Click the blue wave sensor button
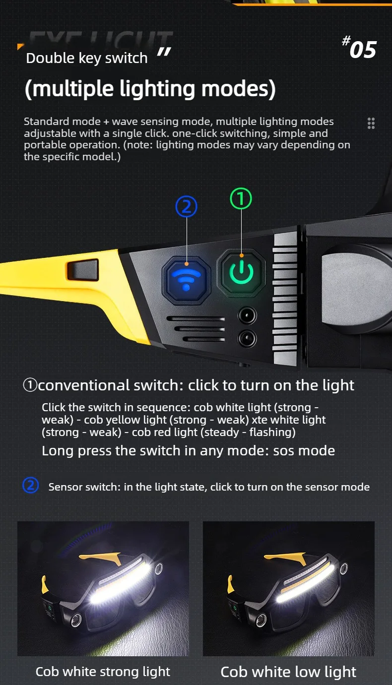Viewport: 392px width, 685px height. pyautogui.click(x=187, y=280)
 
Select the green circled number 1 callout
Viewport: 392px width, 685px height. pyautogui.click(x=241, y=198)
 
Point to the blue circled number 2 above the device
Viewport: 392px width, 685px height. pyautogui.click(x=187, y=206)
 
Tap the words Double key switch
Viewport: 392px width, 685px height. pyautogui.click(x=87, y=58)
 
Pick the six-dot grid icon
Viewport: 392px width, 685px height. pyautogui.click(x=371, y=123)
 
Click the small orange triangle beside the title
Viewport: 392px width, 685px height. pyautogui.click(x=20, y=46)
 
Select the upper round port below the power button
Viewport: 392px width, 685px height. pyautogui.click(x=247, y=315)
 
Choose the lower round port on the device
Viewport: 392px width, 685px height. pyautogui.click(x=247, y=338)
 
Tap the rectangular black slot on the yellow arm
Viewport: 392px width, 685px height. pyautogui.click(x=83, y=269)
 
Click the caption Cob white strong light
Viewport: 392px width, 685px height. pyautogui.click(x=103, y=672)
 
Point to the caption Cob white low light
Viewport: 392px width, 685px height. pyautogui.click(x=288, y=672)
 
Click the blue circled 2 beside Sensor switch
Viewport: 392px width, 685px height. pyautogui.click(x=31, y=485)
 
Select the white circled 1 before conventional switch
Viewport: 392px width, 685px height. pyautogui.click(x=30, y=385)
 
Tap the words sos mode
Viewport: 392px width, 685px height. pyautogui.click(x=304, y=451)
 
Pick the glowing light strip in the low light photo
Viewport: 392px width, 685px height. pyautogui.click(x=305, y=583)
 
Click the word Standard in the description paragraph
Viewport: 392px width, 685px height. pyautogui.click(x=47, y=122)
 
